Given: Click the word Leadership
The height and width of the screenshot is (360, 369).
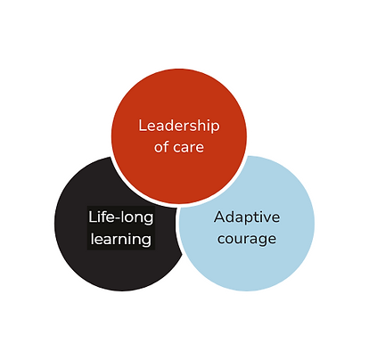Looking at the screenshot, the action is (x=179, y=126).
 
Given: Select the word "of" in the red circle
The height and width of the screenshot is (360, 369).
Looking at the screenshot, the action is (x=161, y=147).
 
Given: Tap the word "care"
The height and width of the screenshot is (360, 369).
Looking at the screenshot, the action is (x=188, y=148).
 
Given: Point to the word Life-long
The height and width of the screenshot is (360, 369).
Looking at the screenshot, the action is (x=121, y=217).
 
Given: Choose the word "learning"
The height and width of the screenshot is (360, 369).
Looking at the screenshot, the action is (x=121, y=239).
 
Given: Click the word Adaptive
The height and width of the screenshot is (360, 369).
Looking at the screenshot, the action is (x=247, y=217).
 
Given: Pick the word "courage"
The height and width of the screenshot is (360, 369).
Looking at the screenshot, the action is (x=247, y=239).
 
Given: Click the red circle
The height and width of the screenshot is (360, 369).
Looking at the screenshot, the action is (x=179, y=136).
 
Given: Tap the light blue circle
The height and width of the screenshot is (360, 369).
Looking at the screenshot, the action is (x=246, y=224).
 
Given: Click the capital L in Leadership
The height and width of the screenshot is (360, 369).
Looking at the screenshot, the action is (x=143, y=126).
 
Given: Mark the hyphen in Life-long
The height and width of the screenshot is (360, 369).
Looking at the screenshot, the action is (x=116, y=218).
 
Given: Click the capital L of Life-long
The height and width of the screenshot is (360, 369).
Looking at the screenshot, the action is (x=92, y=217).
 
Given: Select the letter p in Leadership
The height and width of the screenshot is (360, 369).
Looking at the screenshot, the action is (x=216, y=127).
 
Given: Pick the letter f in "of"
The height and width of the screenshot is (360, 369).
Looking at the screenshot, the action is (x=165, y=147).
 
